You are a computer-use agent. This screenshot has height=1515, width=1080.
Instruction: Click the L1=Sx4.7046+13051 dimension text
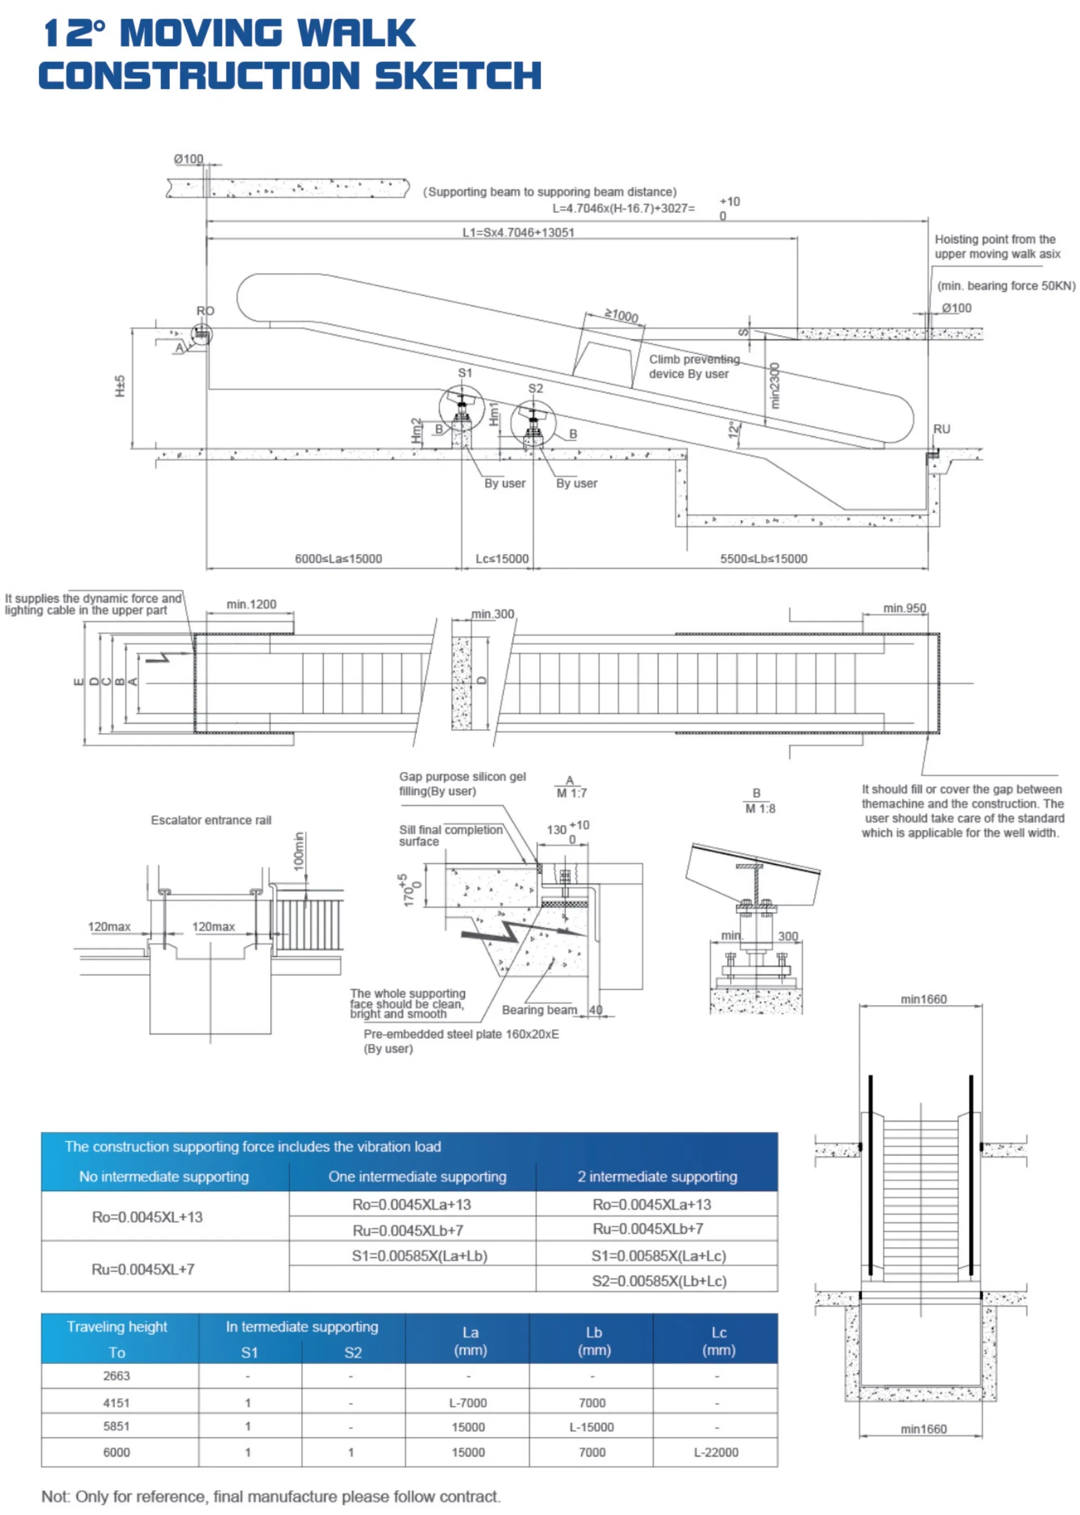[518, 232]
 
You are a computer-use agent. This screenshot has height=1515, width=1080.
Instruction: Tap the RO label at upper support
[205, 311]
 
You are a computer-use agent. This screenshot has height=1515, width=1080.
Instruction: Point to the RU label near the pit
[941, 429]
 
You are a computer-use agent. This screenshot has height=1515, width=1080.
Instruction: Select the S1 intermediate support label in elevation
[465, 373]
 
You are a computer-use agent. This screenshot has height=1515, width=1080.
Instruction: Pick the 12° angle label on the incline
[733, 429]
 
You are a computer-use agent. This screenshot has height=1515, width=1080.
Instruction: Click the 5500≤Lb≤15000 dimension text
[764, 558]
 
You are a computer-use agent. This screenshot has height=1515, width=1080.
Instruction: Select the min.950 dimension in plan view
[904, 608]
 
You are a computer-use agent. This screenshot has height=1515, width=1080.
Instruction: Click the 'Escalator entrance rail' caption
[211, 820]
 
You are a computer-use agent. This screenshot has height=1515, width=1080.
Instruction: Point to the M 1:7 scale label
[571, 793]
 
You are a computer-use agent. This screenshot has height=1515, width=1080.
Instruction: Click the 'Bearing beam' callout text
[539, 1009]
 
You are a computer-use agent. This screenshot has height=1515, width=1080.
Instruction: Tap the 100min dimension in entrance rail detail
[299, 851]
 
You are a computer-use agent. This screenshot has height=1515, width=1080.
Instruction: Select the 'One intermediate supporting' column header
[417, 1177]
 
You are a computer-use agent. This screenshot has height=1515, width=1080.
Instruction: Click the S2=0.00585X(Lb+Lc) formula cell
[658, 1281]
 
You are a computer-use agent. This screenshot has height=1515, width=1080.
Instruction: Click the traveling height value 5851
[116, 1426]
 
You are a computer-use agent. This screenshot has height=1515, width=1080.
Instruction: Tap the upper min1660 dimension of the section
[923, 999]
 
